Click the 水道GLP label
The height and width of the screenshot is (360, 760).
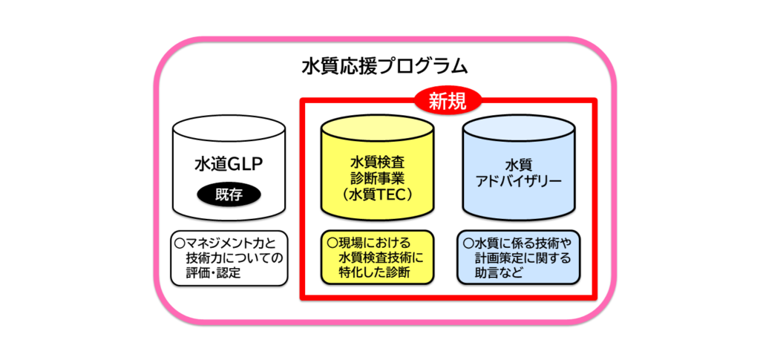coord(229,164)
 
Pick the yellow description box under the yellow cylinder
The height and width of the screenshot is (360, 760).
coord(377,258)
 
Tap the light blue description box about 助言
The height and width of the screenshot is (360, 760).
coord(519,258)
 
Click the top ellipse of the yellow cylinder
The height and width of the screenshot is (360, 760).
coord(377,131)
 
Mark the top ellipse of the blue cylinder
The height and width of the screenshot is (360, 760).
coord(519,131)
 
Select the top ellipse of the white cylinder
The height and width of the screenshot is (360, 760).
coord(228,131)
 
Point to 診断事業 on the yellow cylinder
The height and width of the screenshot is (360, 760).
coord(376,178)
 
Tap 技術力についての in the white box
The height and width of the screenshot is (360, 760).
coord(235,258)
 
